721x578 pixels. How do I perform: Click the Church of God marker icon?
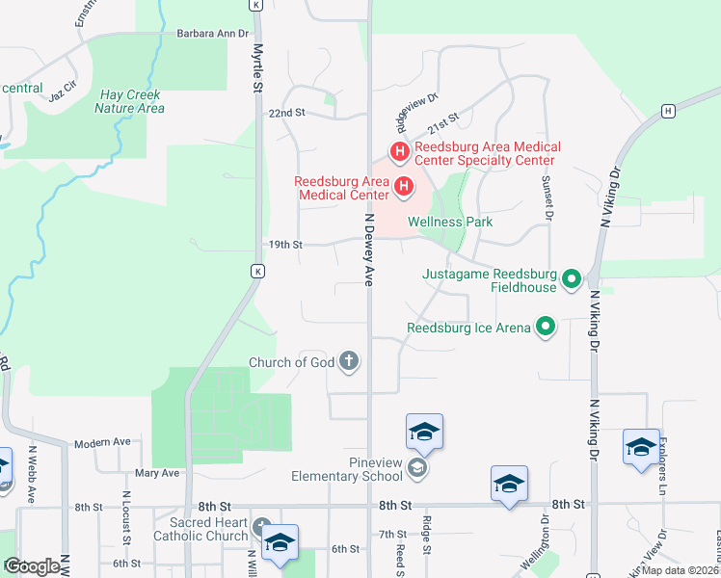point(349,362)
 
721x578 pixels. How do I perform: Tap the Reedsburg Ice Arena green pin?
point(546,328)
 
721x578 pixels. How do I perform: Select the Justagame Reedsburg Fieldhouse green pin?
point(572,280)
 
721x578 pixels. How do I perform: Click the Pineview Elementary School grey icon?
point(416,469)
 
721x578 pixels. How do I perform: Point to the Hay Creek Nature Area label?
point(130,101)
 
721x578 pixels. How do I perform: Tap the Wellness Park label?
point(450,222)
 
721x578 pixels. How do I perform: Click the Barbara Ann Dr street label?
point(212,33)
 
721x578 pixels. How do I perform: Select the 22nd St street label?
point(286,113)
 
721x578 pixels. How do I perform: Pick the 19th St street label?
point(284,245)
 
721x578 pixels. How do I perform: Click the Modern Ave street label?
point(102,442)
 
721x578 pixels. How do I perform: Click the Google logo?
point(32,566)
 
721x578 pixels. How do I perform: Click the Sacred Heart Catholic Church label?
point(201,529)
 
